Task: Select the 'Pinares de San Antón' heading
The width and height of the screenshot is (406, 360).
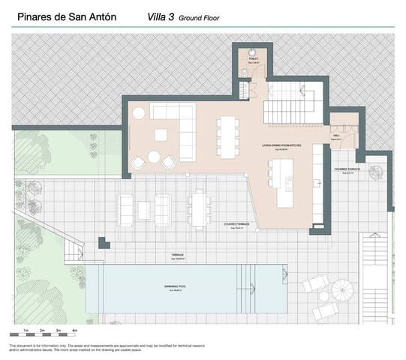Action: [66, 16]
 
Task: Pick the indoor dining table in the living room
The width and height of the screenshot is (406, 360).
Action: [226, 135]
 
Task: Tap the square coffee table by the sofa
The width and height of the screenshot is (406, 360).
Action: [161, 135]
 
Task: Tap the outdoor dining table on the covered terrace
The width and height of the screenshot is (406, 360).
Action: [197, 206]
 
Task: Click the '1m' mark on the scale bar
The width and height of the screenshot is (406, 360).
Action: [26, 330]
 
